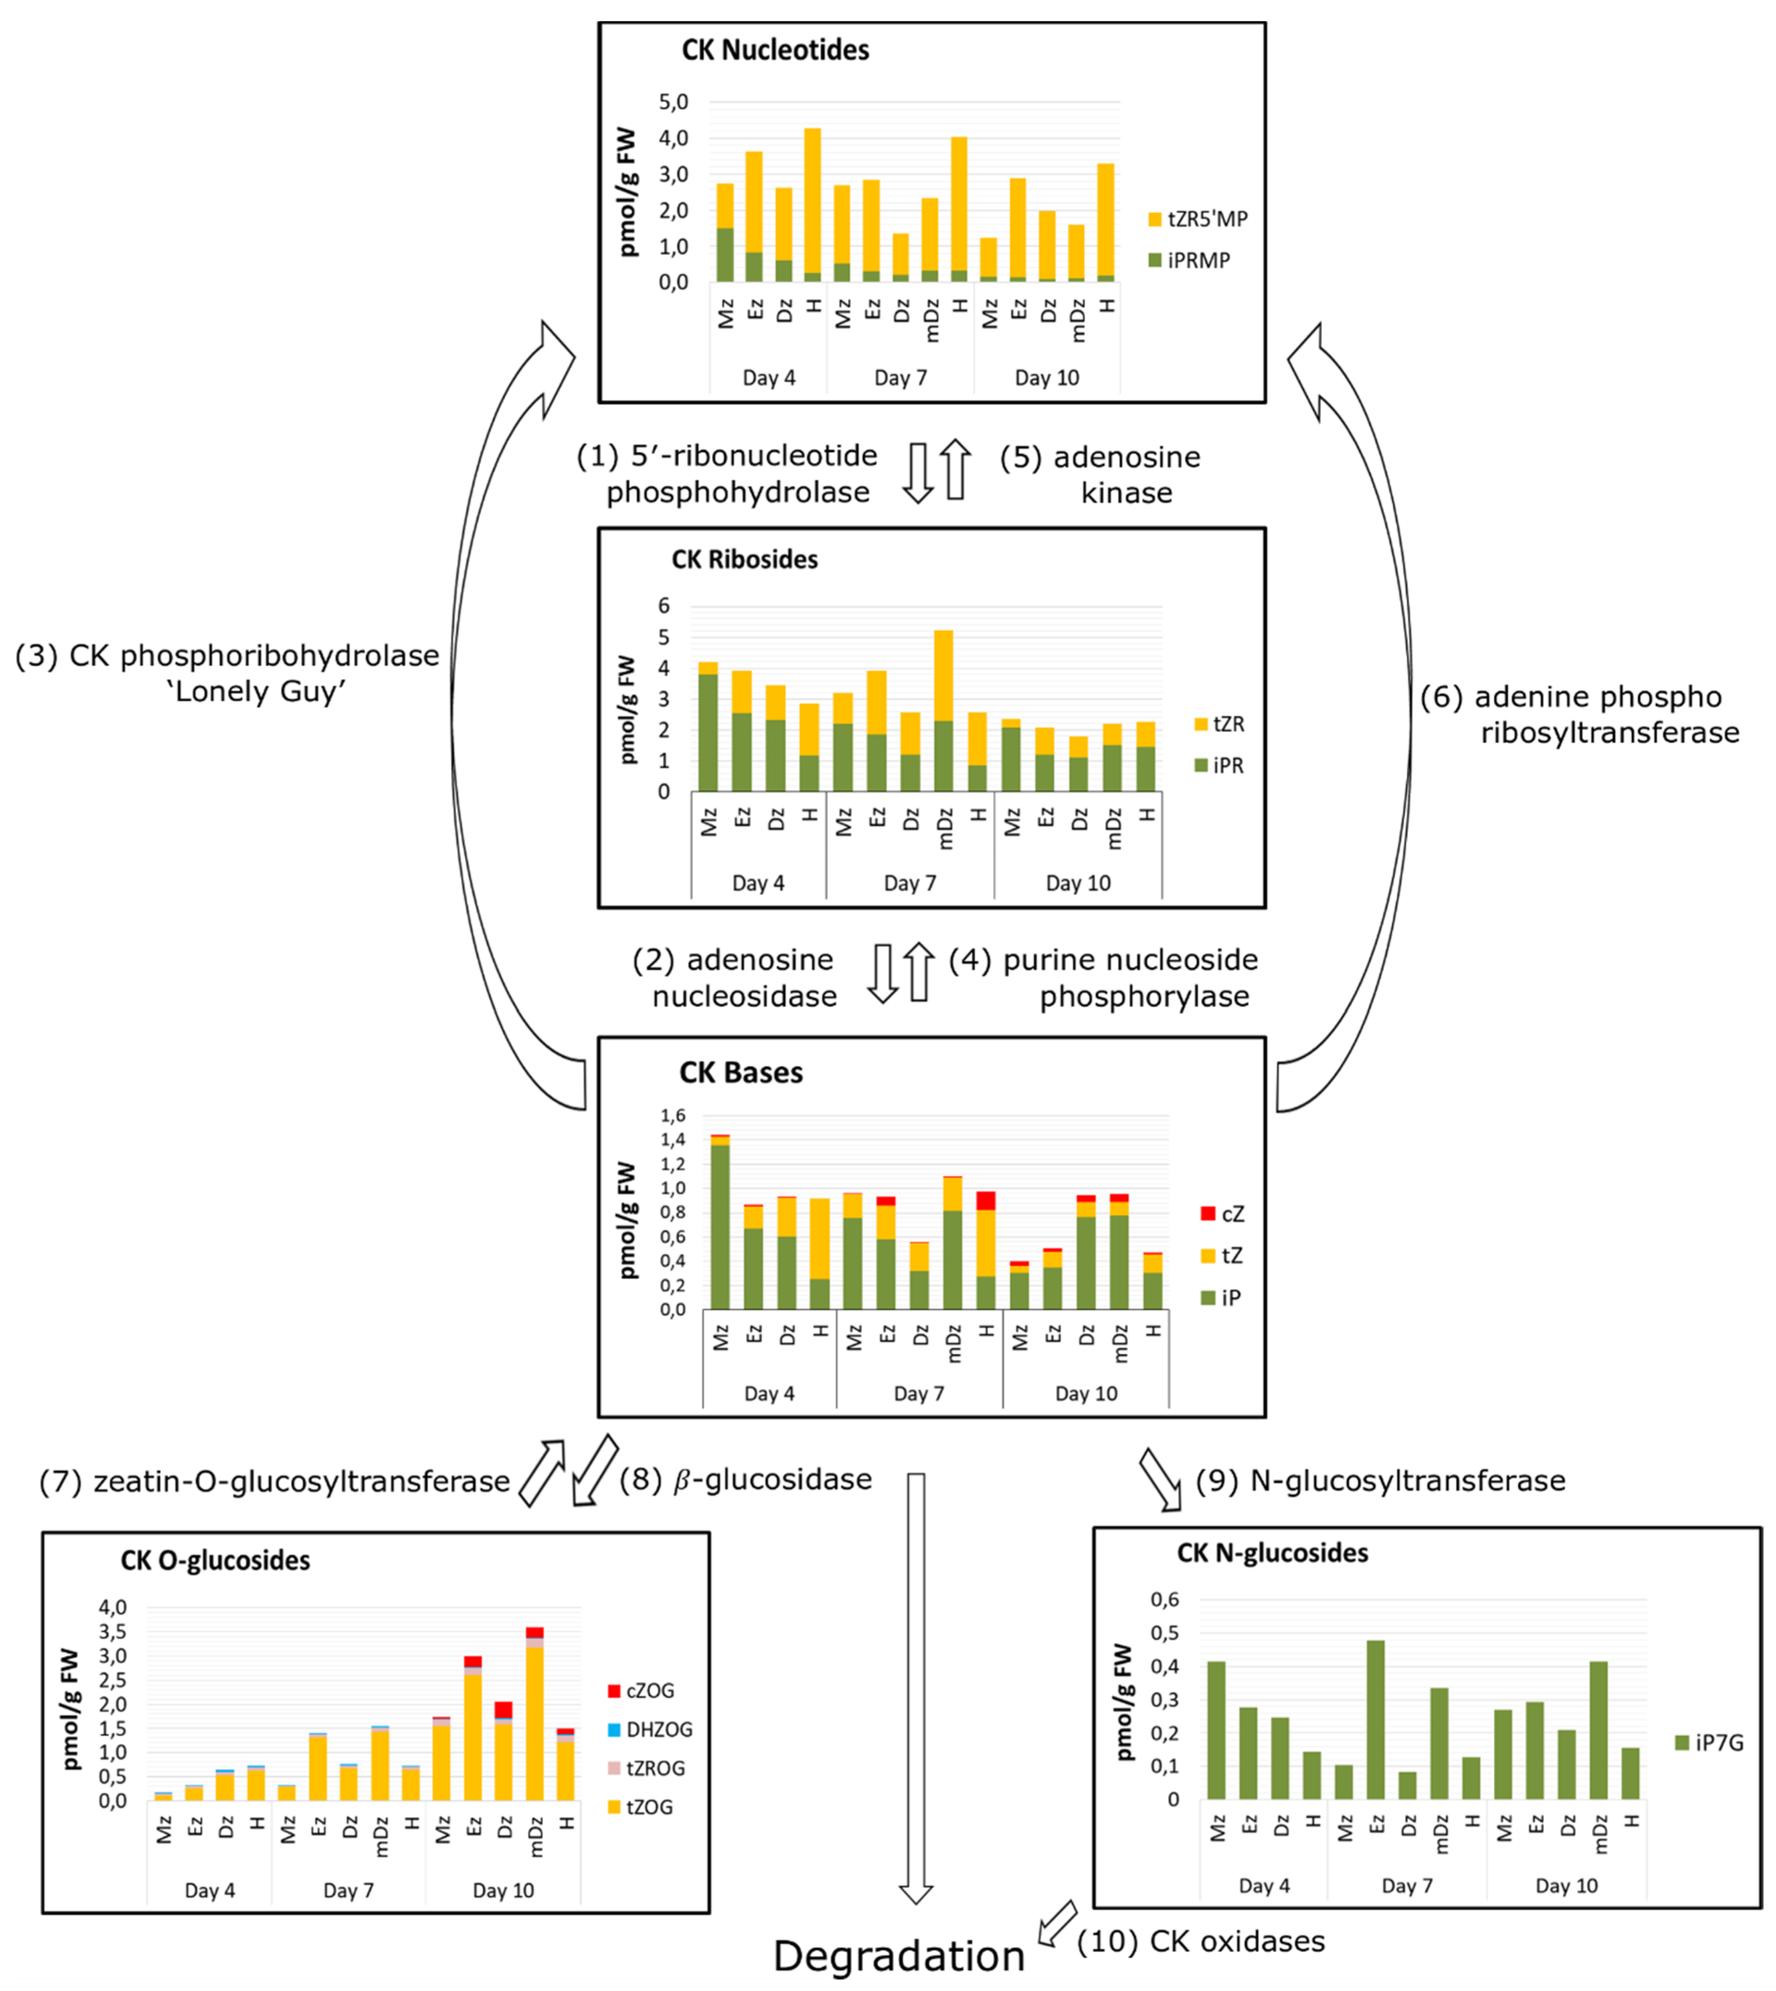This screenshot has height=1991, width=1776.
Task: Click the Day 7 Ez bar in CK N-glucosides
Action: [1376, 1719]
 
